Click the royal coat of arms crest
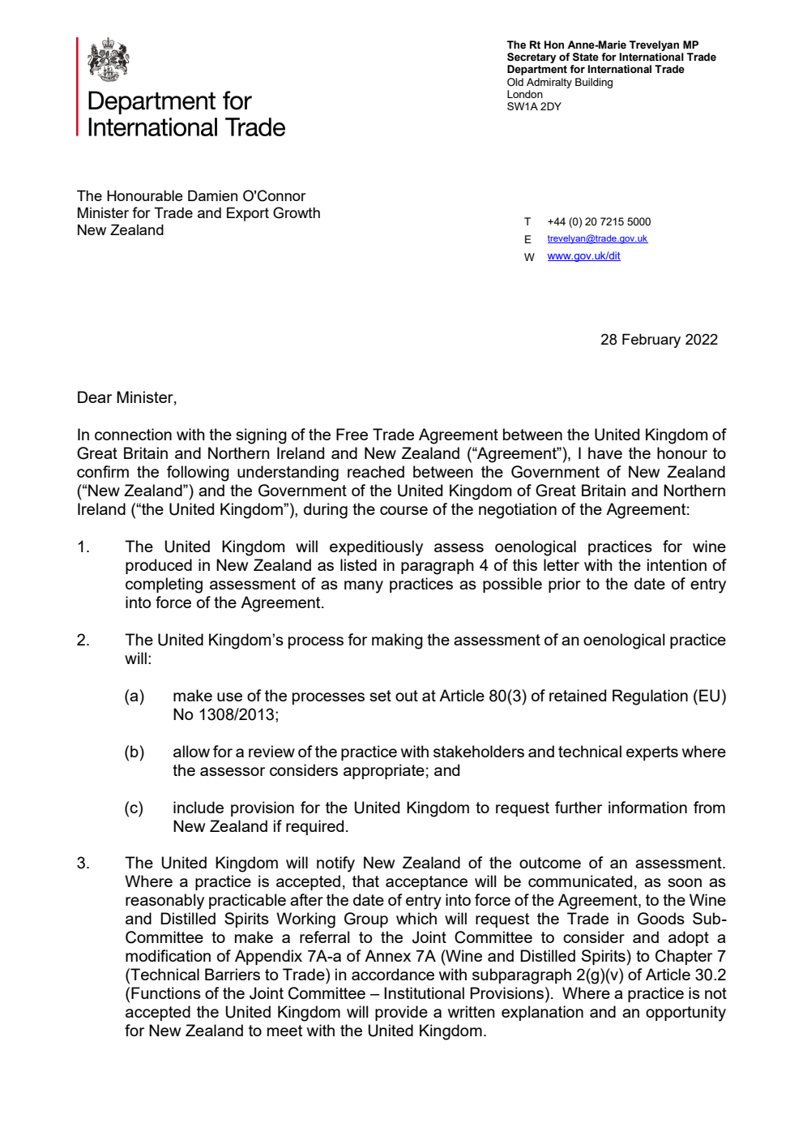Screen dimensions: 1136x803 (108, 60)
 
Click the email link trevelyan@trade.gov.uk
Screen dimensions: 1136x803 (597, 238)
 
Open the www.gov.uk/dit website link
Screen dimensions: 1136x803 (583, 256)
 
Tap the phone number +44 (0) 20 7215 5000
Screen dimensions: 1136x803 (599, 221)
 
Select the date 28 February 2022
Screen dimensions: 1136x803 (659, 340)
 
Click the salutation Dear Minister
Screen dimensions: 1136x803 (126, 397)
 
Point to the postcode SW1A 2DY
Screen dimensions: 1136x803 (534, 107)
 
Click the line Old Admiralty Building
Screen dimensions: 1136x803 (560, 82)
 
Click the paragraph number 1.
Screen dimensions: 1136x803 (83, 547)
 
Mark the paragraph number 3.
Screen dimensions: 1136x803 (83, 864)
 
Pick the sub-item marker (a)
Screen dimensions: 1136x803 (135, 697)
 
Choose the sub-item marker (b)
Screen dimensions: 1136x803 (135, 752)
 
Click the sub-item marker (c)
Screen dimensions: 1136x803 (135, 808)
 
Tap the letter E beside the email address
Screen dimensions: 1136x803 (528, 239)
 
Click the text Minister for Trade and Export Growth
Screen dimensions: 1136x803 (199, 213)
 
